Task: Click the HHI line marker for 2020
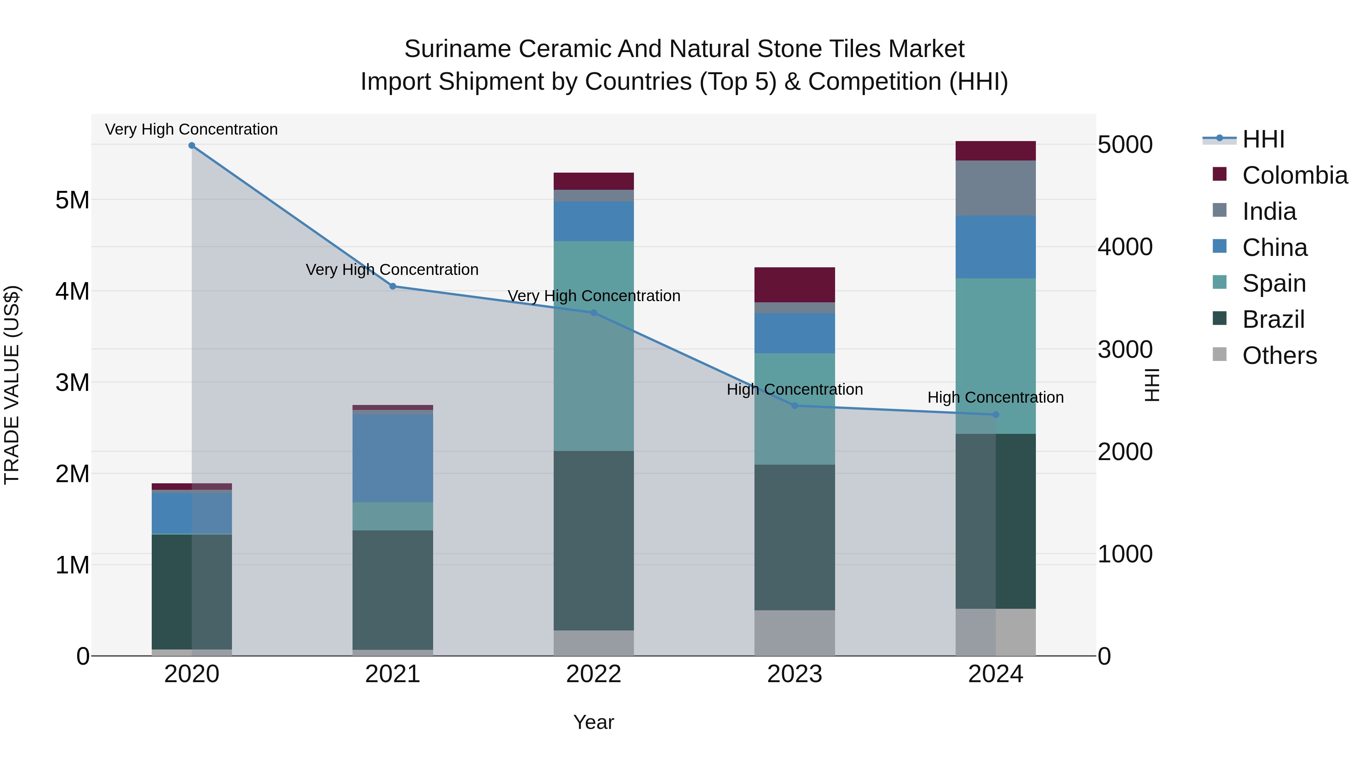pos(192,146)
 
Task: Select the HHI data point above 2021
pos(393,286)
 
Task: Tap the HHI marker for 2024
pos(996,414)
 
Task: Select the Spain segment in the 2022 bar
pos(594,345)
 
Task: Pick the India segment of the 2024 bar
pos(996,188)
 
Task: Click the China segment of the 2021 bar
pos(393,458)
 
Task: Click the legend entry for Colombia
pos(1294,175)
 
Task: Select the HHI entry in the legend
pos(1263,139)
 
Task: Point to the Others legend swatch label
pos(1279,356)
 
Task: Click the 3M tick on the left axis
pos(73,383)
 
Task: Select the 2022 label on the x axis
pos(594,674)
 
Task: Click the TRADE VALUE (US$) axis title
pos(12,385)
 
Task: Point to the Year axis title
pos(594,722)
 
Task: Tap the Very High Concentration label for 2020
pos(191,130)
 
